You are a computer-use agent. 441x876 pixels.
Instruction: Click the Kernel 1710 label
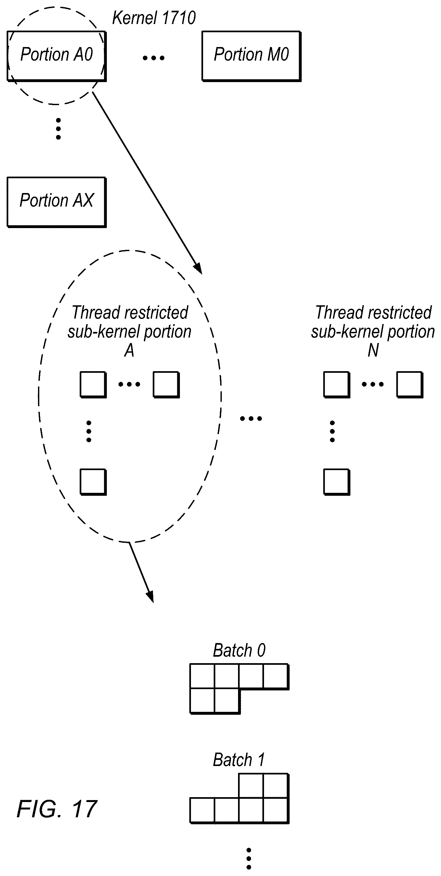coord(154,18)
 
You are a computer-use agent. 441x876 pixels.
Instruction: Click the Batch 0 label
coord(239,650)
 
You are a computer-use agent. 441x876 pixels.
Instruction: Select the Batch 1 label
coord(239,760)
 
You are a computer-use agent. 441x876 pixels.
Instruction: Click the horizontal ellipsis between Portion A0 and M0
coord(154,58)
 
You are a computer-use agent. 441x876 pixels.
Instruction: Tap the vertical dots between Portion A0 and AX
coord(58,129)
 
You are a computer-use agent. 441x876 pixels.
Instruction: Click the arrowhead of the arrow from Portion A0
coord(198,269)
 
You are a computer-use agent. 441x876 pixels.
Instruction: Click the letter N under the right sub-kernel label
coord(373,350)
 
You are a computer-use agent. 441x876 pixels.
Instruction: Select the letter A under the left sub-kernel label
coord(129,350)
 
